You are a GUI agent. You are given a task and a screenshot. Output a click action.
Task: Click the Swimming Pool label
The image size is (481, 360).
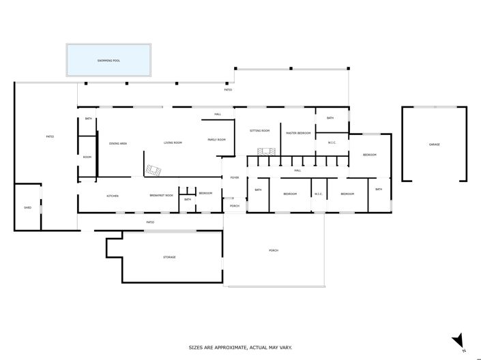(x=108, y=61)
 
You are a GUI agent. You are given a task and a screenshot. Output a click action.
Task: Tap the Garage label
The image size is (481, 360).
(x=434, y=145)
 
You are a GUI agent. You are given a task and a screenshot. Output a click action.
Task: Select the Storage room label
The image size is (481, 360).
(x=169, y=257)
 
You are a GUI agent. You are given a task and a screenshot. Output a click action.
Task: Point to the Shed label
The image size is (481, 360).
(x=28, y=207)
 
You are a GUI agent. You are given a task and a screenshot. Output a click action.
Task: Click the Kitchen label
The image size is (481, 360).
(x=113, y=196)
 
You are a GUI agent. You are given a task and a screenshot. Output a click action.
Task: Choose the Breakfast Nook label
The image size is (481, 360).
(x=162, y=196)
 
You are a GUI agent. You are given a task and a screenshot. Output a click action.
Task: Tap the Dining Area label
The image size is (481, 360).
(x=118, y=143)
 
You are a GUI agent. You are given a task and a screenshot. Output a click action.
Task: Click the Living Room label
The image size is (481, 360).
(x=173, y=143)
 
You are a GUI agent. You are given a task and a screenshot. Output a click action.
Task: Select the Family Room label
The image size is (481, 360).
(x=216, y=140)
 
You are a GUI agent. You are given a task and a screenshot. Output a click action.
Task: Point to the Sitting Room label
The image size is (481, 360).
(x=259, y=130)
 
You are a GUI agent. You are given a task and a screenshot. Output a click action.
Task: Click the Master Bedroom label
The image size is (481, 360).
(x=298, y=133)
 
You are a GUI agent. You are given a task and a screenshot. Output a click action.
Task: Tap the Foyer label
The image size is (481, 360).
(x=234, y=177)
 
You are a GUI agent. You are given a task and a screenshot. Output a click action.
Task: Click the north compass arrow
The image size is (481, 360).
(x=459, y=340)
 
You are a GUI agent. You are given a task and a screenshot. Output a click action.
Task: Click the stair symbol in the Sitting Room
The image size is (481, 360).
(x=265, y=151)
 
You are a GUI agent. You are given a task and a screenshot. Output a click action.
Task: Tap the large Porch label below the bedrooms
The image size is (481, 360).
(x=274, y=250)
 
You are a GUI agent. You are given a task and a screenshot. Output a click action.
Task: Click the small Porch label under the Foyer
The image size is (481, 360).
(x=234, y=206)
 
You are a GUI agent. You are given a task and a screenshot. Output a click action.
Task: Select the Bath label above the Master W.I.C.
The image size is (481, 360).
(x=330, y=118)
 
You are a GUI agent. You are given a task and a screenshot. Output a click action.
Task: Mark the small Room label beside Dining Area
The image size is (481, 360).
(x=87, y=157)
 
